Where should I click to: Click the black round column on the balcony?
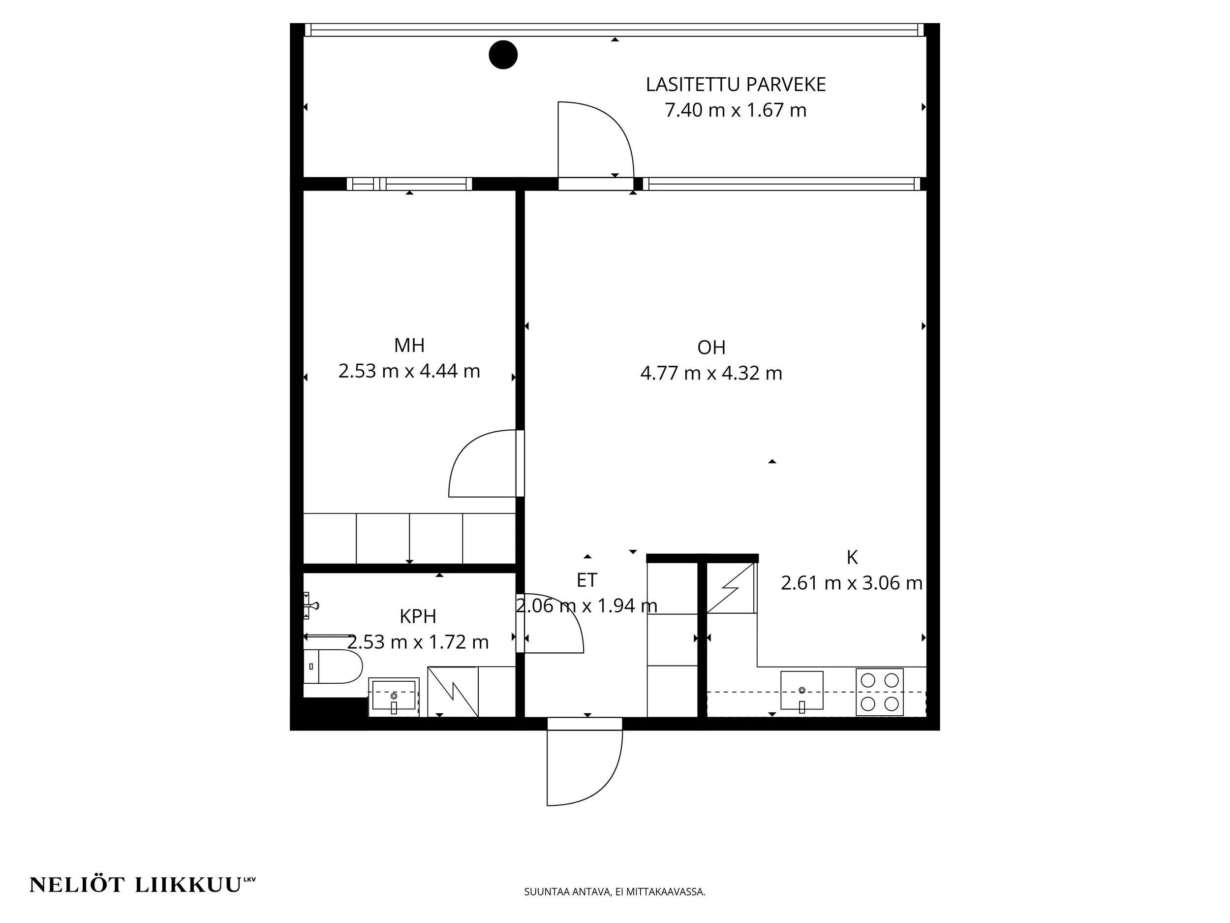(x=503, y=55)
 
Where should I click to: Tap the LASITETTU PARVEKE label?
(x=736, y=85)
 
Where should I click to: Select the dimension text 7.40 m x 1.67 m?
(x=736, y=110)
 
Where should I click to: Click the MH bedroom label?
(x=409, y=346)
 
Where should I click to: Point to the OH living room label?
(x=711, y=348)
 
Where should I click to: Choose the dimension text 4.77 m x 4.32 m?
(x=711, y=373)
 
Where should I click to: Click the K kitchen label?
(x=852, y=557)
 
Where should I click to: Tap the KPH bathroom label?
(x=418, y=616)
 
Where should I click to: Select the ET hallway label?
(x=586, y=580)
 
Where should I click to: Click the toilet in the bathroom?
(x=333, y=666)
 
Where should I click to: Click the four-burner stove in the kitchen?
(x=880, y=692)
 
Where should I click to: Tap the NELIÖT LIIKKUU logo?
(x=142, y=885)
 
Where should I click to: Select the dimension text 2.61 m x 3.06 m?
(x=852, y=583)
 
